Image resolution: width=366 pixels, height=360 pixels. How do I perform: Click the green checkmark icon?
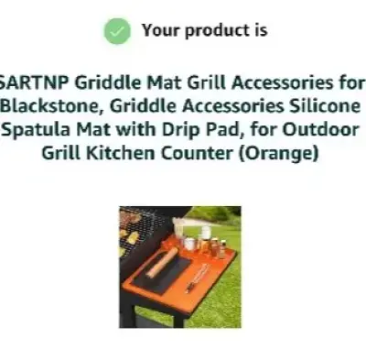pos(115,30)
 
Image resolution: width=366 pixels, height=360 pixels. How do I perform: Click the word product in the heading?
pos(216,30)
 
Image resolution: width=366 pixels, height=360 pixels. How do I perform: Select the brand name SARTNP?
pos(36,81)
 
